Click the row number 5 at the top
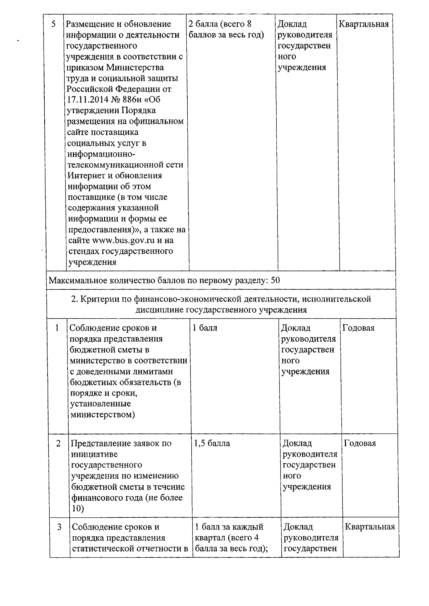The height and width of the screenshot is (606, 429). tap(54, 24)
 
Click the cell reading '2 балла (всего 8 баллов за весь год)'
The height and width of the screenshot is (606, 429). tap(226, 29)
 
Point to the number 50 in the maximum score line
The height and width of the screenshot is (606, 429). tap(275, 280)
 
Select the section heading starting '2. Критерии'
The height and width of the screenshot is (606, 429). tap(221, 304)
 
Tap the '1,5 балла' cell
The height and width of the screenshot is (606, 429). tap(212, 444)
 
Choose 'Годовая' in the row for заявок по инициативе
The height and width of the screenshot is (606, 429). tap(360, 444)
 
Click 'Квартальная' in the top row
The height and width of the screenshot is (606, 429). tap(364, 24)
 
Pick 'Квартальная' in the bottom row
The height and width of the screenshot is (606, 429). tap(370, 527)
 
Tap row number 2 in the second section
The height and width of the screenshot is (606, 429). tap(58, 444)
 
